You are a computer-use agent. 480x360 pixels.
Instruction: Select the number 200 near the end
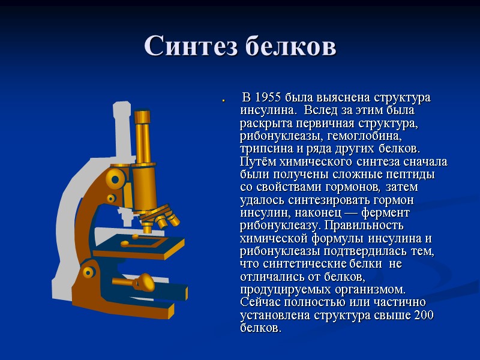424,316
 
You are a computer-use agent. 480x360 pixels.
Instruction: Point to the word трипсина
264,148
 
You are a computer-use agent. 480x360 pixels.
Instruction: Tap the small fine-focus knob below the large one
111,198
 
